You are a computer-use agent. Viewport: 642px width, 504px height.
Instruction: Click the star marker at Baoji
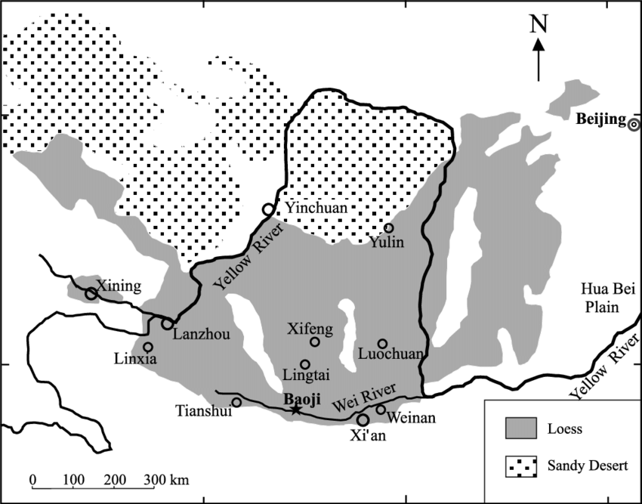[x=295, y=410]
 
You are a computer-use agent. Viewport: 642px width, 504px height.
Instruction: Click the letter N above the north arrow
[x=539, y=24]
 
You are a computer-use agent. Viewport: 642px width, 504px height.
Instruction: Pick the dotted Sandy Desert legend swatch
[x=520, y=465]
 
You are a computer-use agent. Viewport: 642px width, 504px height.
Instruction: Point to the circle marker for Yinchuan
[x=267, y=209]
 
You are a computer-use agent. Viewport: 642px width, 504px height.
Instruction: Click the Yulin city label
[x=387, y=242]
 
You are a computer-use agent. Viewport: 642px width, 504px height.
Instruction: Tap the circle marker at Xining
[x=91, y=293]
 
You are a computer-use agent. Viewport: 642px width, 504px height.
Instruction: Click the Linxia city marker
[x=148, y=347]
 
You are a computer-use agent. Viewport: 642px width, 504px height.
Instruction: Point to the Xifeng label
[x=310, y=329]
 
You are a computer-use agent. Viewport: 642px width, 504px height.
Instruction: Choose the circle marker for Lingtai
[x=305, y=364]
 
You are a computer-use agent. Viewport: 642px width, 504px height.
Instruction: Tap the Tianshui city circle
[x=236, y=402]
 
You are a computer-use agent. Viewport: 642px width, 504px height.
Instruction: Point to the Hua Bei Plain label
[x=600, y=298]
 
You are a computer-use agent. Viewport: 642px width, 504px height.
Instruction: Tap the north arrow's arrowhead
[x=539, y=45]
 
